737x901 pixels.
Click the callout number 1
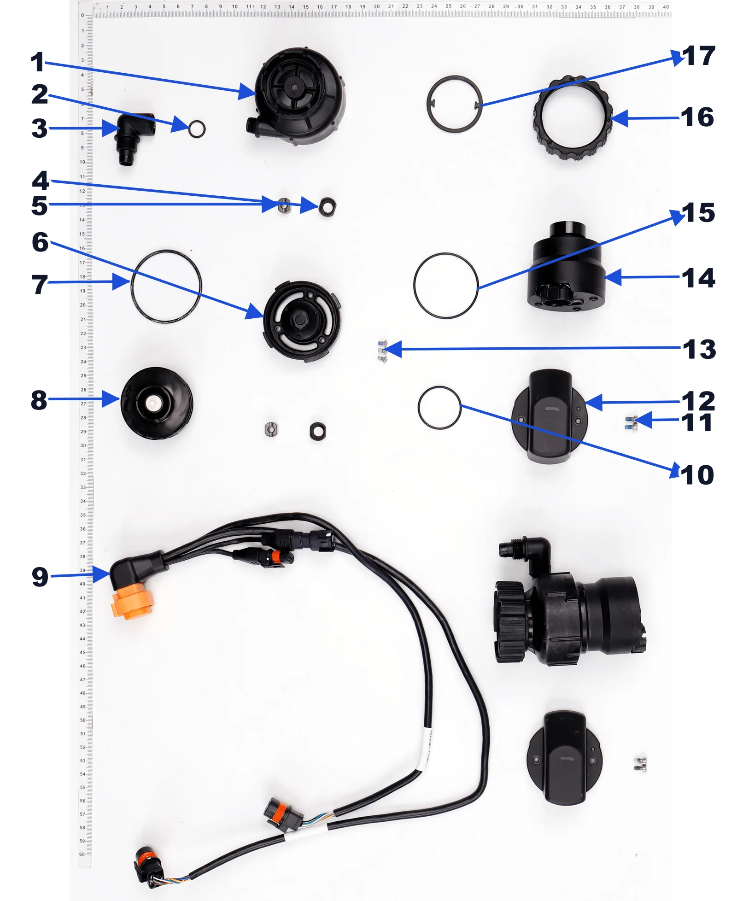click(37, 62)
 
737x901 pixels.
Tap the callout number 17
click(698, 56)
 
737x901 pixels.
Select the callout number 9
click(40, 576)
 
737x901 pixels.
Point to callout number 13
click(699, 349)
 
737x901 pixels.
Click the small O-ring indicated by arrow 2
click(197, 129)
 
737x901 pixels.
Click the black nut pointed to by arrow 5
click(327, 207)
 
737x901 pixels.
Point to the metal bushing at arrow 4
click(284, 205)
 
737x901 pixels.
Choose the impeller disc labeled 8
click(156, 403)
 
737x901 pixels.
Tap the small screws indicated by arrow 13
click(382, 351)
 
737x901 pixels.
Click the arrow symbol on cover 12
click(552, 409)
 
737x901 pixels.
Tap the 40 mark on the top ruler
click(666, 7)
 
